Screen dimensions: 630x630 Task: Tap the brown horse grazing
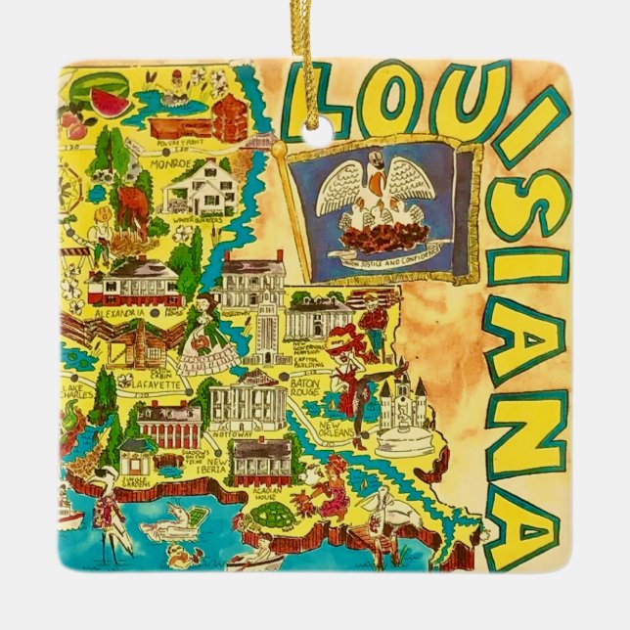(130, 208)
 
